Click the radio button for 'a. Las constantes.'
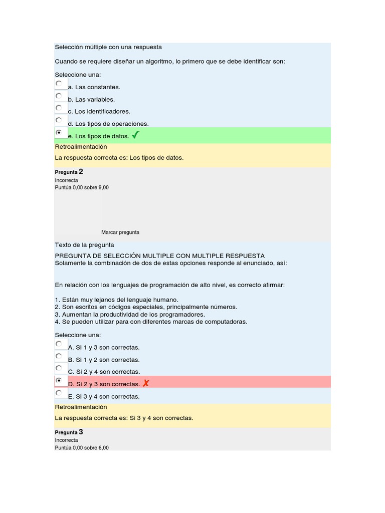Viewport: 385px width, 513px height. coord(59,84)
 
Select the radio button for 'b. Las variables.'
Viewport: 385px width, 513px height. coord(59,96)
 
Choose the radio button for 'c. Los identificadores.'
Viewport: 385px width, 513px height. coord(59,108)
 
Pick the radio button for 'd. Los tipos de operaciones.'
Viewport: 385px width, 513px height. coord(59,120)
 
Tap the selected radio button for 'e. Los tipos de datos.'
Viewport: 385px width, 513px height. coord(59,133)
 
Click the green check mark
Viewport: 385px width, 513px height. coord(136,135)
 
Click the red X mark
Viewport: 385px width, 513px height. coord(146,384)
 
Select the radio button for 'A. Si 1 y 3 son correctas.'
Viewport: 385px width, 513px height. coord(59,344)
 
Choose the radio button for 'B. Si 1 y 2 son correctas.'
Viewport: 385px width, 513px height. coord(59,356)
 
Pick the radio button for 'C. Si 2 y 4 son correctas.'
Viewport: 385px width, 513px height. coord(59,369)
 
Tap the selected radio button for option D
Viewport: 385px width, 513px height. coord(59,381)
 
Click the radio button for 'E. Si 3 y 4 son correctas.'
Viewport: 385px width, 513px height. coord(59,393)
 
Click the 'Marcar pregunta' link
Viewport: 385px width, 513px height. coord(120,232)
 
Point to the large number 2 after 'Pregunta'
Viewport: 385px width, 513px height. coord(81,172)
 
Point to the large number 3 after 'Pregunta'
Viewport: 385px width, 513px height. coord(81,432)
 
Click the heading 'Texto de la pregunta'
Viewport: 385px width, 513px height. coord(85,245)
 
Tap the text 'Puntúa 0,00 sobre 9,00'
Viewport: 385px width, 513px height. coord(82,187)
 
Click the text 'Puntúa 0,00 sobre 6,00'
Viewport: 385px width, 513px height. coord(82,448)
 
